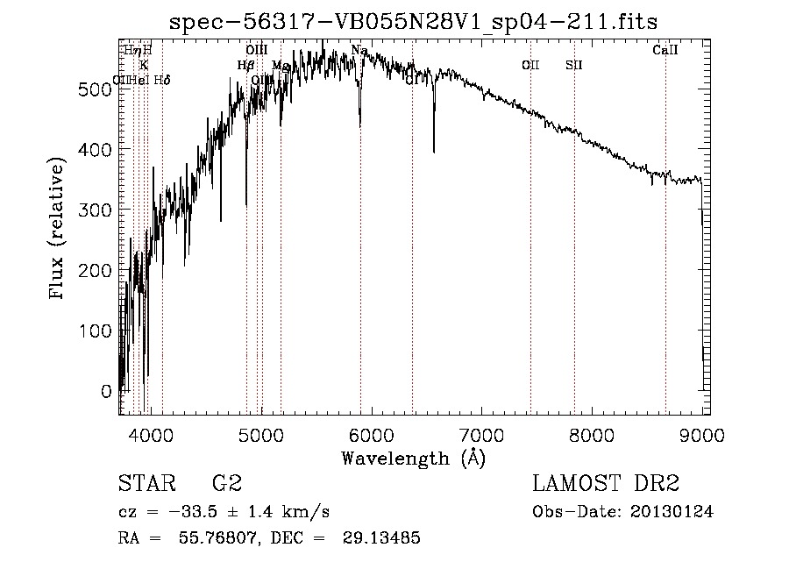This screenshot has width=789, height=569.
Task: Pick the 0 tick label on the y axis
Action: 107,391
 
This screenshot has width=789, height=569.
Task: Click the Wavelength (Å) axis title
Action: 413,457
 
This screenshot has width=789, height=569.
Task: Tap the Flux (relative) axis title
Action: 59,230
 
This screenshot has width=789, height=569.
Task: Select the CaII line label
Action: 665,51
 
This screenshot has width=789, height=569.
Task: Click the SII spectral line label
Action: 574,65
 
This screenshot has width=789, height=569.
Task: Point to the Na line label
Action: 359,51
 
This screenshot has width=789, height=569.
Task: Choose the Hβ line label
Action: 245,65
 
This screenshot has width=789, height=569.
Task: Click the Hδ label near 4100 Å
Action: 162,81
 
